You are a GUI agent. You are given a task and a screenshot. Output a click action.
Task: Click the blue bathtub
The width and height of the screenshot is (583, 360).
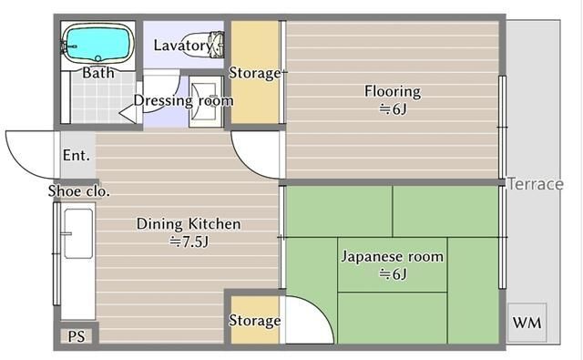coord(98,44)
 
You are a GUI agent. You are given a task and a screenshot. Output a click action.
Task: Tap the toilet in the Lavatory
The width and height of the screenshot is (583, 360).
coord(215,45)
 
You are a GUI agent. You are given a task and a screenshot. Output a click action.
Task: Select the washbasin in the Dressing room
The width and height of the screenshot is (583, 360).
coord(204,101)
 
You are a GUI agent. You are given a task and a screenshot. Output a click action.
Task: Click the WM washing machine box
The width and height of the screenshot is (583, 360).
coord(527,323)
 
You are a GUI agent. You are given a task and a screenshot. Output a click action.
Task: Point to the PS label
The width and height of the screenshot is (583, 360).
coord(77,336)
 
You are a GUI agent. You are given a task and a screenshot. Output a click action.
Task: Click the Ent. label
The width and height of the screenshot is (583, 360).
coord(77,155)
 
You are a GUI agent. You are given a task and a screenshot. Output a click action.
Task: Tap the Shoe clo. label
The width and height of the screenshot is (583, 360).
coord(79,191)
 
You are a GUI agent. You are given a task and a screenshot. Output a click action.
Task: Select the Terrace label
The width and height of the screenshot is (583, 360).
coord(536,184)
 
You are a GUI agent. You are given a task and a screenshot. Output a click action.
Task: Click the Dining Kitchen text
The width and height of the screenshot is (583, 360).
coord(189,224)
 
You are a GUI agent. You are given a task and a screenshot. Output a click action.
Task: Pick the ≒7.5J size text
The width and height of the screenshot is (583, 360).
coord(189,242)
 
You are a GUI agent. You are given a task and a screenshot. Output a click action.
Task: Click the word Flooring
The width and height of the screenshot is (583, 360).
coord(393,91)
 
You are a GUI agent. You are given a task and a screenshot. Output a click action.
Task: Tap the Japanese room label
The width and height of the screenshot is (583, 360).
coord(393,257)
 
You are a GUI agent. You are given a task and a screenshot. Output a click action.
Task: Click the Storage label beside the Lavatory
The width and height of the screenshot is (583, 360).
coord(255,73)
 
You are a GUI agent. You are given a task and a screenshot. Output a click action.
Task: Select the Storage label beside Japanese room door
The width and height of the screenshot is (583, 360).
coord(255,321)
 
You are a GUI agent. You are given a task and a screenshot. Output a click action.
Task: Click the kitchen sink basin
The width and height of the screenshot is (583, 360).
coord(78,233)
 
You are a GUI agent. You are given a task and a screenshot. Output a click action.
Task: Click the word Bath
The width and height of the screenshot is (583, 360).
coord(98,73)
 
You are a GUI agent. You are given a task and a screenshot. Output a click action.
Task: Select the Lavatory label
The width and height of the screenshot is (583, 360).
coord(183,46)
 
